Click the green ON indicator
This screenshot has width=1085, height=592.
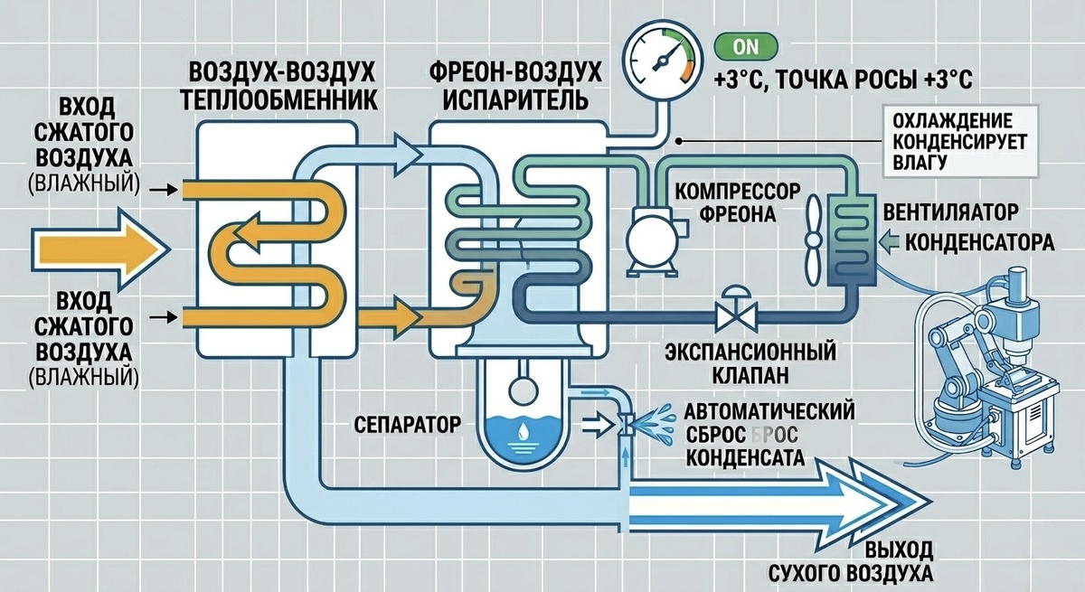pos(746,47)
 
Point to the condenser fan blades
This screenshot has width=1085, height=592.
pos(814,240)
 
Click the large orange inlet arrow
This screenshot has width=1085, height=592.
pos(100,249)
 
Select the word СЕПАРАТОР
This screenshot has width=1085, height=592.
pos(407,425)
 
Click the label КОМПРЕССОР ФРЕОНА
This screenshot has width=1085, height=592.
pos(738,202)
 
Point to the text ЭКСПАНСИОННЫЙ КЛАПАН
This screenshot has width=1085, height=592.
pos(750,363)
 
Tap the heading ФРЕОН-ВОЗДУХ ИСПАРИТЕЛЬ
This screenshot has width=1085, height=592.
pos(515,86)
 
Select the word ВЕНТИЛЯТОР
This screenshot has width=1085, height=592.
pos(951,212)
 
